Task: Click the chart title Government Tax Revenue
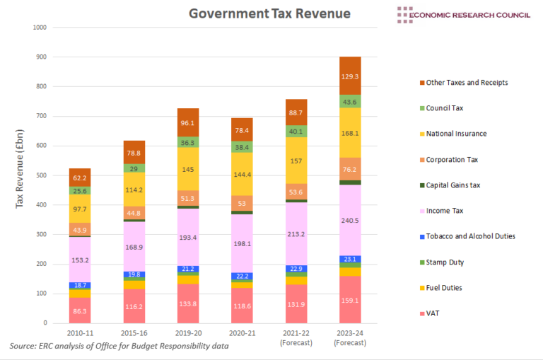click(269, 13)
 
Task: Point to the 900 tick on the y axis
click(40, 57)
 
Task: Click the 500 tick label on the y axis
click(40, 175)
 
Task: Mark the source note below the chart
click(119, 347)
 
